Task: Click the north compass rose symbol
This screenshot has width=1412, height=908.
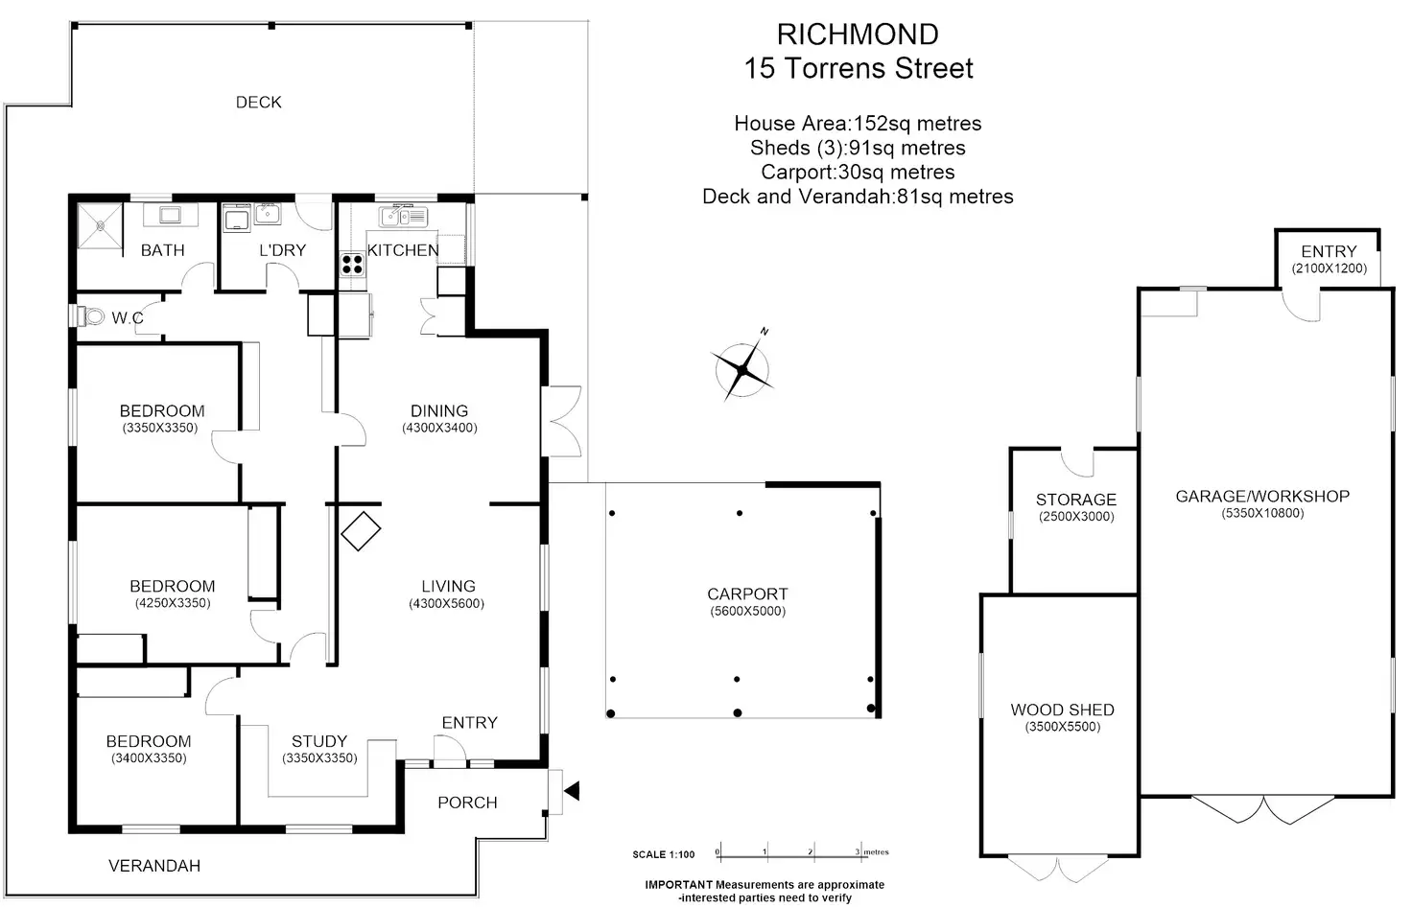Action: (x=742, y=369)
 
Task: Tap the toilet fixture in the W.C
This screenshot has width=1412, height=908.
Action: (x=92, y=316)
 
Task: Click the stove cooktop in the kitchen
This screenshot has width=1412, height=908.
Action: (x=352, y=262)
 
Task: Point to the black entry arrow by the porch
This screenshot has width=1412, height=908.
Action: (x=572, y=791)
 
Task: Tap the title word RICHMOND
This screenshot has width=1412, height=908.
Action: (x=858, y=35)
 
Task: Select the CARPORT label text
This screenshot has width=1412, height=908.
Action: (x=747, y=594)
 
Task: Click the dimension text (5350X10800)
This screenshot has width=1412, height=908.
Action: (x=1262, y=514)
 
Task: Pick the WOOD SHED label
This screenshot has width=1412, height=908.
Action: (x=1062, y=710)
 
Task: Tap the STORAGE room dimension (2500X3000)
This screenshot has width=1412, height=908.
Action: (x=1076, y=517)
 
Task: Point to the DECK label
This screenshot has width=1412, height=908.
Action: (x=259, y=103)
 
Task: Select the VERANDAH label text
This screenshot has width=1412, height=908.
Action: (x=154, y=867)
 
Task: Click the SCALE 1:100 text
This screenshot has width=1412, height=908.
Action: (x=664, y=854)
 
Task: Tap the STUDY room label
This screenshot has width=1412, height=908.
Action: (x=319, y=742)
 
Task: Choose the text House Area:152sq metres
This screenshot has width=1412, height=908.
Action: (x=858, y=124)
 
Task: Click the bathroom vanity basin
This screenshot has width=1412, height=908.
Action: (x=172, y=215)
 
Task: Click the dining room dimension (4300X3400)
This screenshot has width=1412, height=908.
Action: (x=439, y=429)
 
